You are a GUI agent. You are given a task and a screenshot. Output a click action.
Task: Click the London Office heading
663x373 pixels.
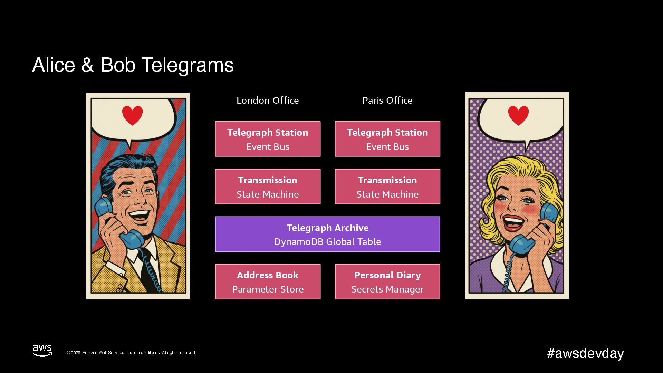pyautogui.click(x=268, y=101)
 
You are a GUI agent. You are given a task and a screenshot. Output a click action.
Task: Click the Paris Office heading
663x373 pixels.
pyautogui.click(x=387, y=101)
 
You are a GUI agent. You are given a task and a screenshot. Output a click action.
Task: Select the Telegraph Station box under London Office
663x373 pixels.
pyautogui.click(x=268, y=139)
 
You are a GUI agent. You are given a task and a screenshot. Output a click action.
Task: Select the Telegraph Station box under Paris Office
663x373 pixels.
pyautogui.click(x=387, y=139)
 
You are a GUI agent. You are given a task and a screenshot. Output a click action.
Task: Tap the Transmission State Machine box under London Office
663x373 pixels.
pyautogui.click(x=268, y=186)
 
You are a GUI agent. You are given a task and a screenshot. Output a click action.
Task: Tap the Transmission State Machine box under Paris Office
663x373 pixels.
pyautogui.click(x=387, y=186)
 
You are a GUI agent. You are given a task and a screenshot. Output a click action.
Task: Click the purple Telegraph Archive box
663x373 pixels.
pyautogui.click(x=327, y=234)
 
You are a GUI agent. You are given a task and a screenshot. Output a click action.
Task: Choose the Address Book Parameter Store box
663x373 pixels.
pyautogui.click(x=268, y=282)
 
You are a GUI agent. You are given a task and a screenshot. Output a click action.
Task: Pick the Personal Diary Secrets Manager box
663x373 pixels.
pyautogui.click(x=387, y=282)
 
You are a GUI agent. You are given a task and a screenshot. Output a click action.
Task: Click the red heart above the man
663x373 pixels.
pyautogui.click(x=132, y=115)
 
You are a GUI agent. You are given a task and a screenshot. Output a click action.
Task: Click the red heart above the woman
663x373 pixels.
pyautogui.click(x=518, y=115)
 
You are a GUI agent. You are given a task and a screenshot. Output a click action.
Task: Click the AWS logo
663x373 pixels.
pyautogui.click(x=42, y=350)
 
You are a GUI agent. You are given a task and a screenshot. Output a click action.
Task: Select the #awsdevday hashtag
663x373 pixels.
pyautogui.click(x=585, y=353)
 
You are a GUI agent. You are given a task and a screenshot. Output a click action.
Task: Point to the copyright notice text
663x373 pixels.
pyautogui.click(x=131, y=353)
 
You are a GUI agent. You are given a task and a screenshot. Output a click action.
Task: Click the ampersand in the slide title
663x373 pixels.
pyautogui.click(x=87, y=65)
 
